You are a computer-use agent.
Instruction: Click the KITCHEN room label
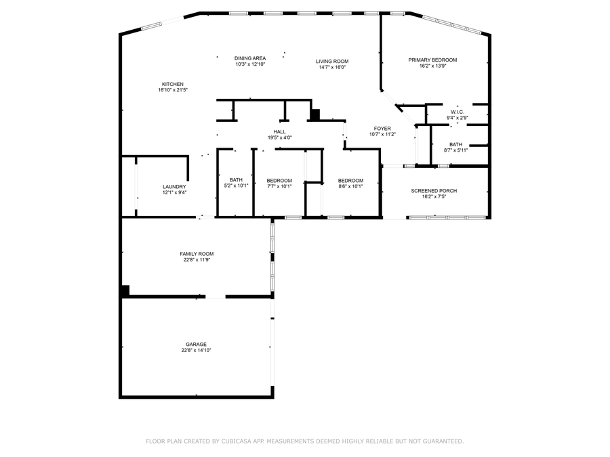point(172,84)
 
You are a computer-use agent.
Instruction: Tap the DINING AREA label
point(250,58)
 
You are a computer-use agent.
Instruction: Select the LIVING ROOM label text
point(332,62)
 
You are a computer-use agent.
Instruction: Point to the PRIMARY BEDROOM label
point(432,60)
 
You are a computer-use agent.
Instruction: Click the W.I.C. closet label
point(457,112)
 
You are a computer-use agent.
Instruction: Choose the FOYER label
point(382,128)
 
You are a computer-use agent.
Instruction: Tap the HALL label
point(279,132)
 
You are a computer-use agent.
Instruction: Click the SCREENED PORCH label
point(434,191)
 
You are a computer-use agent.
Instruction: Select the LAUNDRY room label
point(174,187)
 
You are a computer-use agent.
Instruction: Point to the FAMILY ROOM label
point(197,254)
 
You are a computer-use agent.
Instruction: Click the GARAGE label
point(197,344)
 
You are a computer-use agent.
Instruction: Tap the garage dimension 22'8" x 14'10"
point(197,351)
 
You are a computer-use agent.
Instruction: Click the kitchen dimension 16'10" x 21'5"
point(172,90)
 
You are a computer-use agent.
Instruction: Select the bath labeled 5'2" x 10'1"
point(236,183)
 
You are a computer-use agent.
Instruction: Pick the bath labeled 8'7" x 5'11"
point(455,147)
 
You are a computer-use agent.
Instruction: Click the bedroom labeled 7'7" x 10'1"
point(279,183)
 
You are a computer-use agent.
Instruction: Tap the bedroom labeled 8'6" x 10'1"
point(350,183)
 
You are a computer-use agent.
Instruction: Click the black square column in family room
point(125,290)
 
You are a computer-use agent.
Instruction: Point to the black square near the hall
point(314,114)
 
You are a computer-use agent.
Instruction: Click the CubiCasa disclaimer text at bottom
point(305,441)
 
